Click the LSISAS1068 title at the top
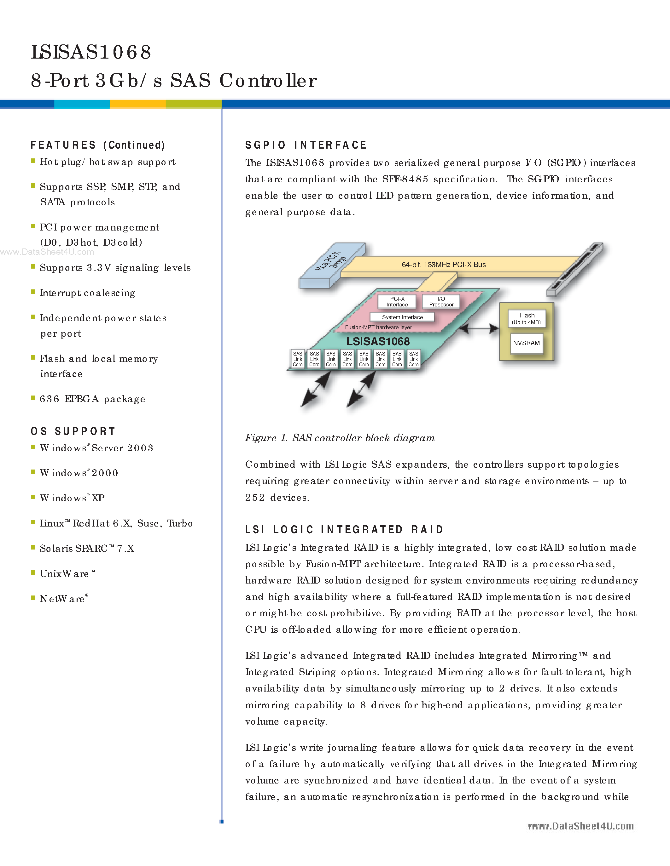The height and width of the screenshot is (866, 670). (x=91, y=52)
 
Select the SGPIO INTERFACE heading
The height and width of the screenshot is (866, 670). (x=306, y=145)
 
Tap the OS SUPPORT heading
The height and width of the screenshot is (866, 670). (x=73, y=431)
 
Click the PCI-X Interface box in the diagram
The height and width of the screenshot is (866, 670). (x=397, y=302)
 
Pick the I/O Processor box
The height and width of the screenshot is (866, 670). (x=441, y=302)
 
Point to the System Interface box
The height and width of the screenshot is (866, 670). (x=402, y=317)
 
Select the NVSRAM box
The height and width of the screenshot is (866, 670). (x=526, y=343)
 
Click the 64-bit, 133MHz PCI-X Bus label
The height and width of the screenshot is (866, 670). (x=443, y=265)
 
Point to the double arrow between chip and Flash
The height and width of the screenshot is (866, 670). (x=480, y=328)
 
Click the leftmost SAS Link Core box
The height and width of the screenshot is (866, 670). (x=298, y=359)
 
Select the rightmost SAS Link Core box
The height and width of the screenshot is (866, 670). (x=414, y=359)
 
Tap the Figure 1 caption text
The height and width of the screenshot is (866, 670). (x=340, y=438)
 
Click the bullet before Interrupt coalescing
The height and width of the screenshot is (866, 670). (x=33, y=292)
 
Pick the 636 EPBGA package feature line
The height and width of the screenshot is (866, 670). (x=92, y=399)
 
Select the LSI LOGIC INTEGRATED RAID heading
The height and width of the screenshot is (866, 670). (x=344, y=530)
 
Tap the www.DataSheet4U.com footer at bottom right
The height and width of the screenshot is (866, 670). (x=581, y=826)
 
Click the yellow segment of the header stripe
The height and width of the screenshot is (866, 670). (x=138, y=104)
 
